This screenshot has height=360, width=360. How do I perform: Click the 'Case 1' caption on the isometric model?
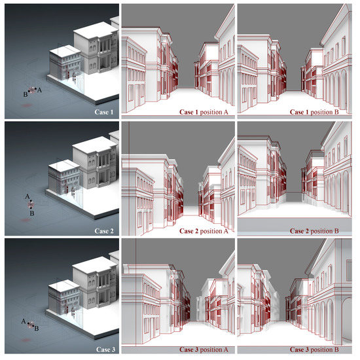click(x=104, y=112)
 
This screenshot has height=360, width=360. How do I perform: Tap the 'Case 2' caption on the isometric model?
click(x=104, y=231)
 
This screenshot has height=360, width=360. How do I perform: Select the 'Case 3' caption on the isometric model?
click(x=105, y=350)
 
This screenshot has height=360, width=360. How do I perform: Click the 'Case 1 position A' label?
click(x=204, y=112)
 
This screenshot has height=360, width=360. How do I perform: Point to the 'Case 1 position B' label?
click(x=314, y=112)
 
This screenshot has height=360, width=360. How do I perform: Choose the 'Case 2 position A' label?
click(x=204, y=231)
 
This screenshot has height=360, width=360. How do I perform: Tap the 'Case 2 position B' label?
click(x=314, y=231)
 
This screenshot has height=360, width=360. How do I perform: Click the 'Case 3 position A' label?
click(x=204, y=350)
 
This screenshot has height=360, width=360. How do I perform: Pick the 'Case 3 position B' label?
click(x=314, y=350)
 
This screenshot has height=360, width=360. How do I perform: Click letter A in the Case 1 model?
click(x=39, y=90)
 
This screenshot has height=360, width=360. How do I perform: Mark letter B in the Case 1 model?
click(x=26, y=94)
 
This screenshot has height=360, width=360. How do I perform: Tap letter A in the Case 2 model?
click(x=27, y=196)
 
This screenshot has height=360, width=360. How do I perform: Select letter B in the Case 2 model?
click(x=32, y=213)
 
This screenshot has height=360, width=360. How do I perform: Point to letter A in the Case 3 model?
click(x=24, y=321)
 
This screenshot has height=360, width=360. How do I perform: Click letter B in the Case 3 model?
click(x=36, y=329)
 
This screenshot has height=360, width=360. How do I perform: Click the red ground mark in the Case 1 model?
click(x=27, y=105)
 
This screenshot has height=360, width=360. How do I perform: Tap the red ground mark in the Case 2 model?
click(x=26, y=220)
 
